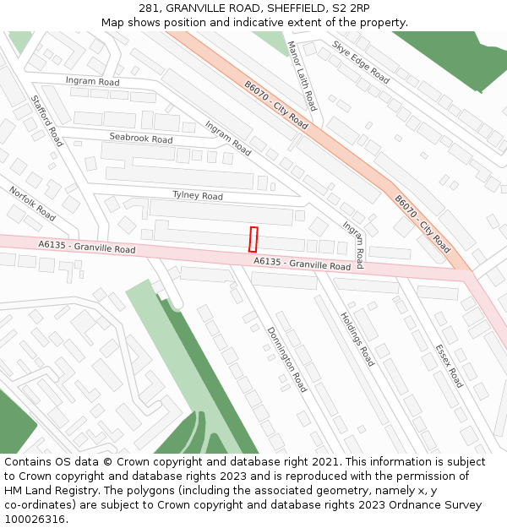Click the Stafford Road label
[x=47, y=120]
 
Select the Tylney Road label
[x=198, y=195]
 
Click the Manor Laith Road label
[x=301, y=75]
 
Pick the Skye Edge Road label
[x=361, y=62]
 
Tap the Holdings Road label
[x=357, y=338]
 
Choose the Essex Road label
[x=449, y=365]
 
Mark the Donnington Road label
[x=286, y=359]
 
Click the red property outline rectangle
[x=253, y=239]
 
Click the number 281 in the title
[x=150, y=8]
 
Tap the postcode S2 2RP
[x=350, y=8]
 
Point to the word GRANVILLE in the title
[x=197, y=8]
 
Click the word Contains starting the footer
[x=29, y=462]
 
